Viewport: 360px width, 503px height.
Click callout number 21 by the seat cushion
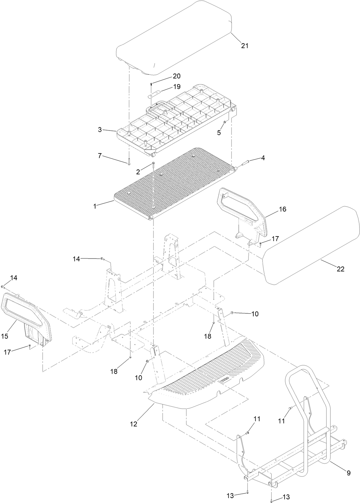tap(245, 46)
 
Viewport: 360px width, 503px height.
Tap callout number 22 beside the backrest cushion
tap(340, 269)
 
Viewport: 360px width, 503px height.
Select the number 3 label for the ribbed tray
tap(100, 130)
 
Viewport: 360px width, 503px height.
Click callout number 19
tap(177, 87)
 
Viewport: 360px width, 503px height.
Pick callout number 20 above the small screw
tap(177, 76)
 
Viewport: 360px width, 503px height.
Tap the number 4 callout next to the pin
tap(263, 158)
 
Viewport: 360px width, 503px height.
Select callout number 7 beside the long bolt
tap(100, 156)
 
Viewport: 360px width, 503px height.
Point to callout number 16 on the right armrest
tap(282, 209)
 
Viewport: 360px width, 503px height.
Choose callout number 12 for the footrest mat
tap(133, 424)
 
